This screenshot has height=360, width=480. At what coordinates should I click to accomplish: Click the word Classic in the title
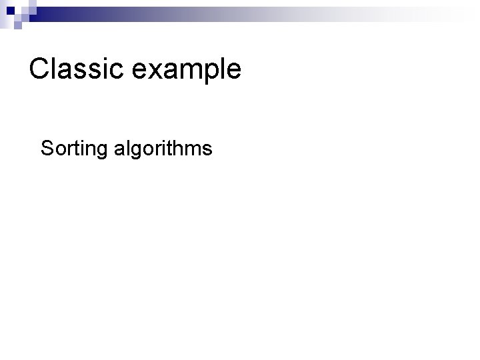point(73,69)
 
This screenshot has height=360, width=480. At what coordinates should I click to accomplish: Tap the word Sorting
point(75,149)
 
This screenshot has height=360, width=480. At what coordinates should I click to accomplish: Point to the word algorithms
point(163,148)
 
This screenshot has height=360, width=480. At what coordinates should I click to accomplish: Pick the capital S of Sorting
point(47,148)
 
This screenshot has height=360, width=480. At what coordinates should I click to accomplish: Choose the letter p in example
point(205,72)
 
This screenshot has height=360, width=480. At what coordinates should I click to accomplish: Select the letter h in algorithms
point(182,148)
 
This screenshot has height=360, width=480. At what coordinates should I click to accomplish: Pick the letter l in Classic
point(55,69)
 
